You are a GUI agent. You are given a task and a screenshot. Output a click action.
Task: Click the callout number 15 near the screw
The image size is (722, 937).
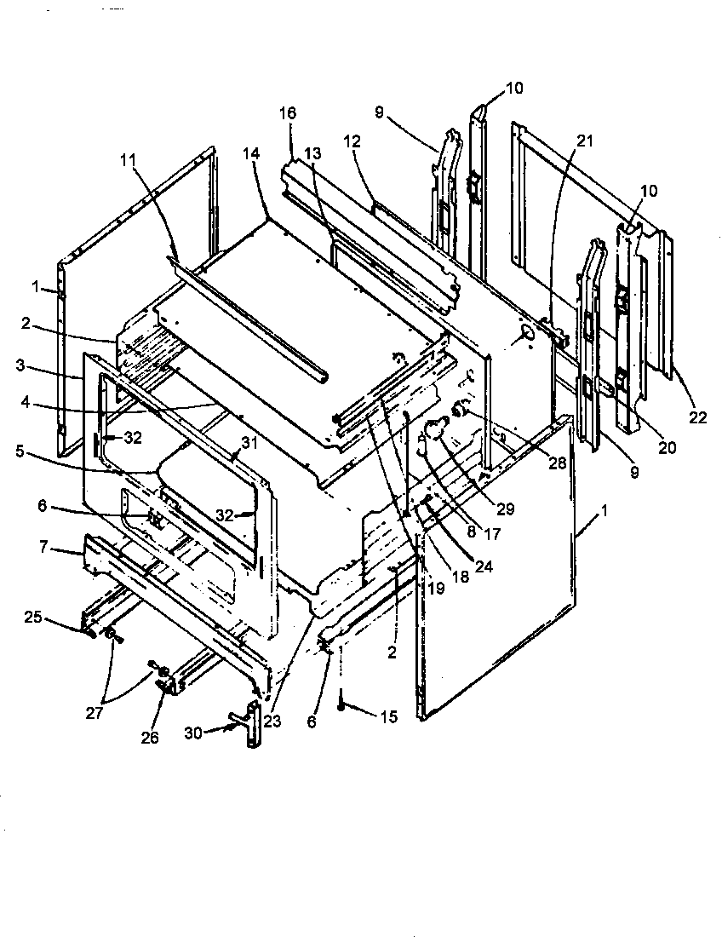tap(387, 717)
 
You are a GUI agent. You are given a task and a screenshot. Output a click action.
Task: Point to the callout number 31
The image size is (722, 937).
tap(248, 442)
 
